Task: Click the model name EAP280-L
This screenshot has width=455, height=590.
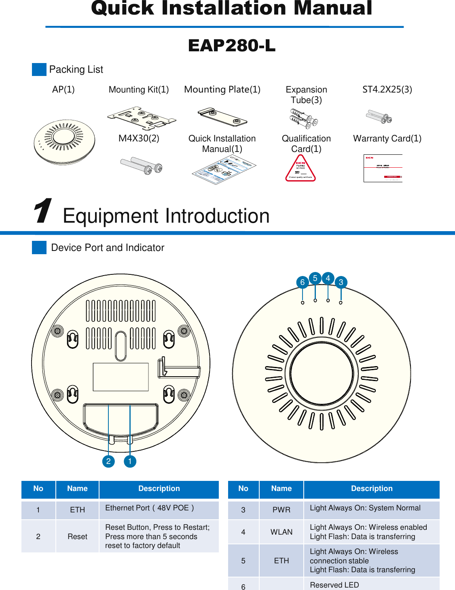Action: (x=232, y=46)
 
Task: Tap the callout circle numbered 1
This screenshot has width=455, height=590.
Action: (x=130, y=461)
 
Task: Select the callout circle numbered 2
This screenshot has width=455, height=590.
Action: (x=108, y=461)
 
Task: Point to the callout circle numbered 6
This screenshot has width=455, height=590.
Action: (x=302, y=282)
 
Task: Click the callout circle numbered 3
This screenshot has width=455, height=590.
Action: (x=341, y=282)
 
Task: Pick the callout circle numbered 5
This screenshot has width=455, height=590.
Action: (x=315, y=278)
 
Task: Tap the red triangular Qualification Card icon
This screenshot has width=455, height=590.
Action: (x=301, y=169)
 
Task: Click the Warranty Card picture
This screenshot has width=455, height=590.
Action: (x=383, y=168)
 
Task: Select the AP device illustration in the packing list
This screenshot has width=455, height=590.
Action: (x=64, y=142)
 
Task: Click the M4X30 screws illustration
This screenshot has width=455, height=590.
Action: (x=142, y=166)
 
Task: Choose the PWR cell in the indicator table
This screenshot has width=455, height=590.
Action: (x=281, y=510)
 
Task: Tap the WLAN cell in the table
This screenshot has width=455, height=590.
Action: (x=281, y=532)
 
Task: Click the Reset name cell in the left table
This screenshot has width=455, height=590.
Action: (x=77, y=537)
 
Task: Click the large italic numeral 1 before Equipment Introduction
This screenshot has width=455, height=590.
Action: (x=42, y=211)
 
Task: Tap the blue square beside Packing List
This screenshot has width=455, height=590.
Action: (x=39, y=70)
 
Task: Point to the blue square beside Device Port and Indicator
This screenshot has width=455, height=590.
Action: (x=39, y=247)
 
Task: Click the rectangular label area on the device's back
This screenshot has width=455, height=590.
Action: (x=121, y=377)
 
